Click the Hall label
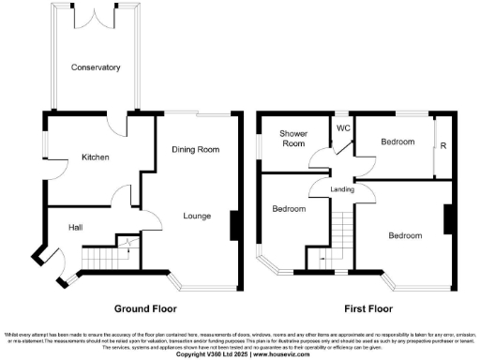(78, 226)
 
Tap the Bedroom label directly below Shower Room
(289, 209)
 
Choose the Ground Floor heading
(145, 307)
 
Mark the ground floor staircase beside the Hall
(106, 255)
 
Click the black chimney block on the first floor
(449, 217)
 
